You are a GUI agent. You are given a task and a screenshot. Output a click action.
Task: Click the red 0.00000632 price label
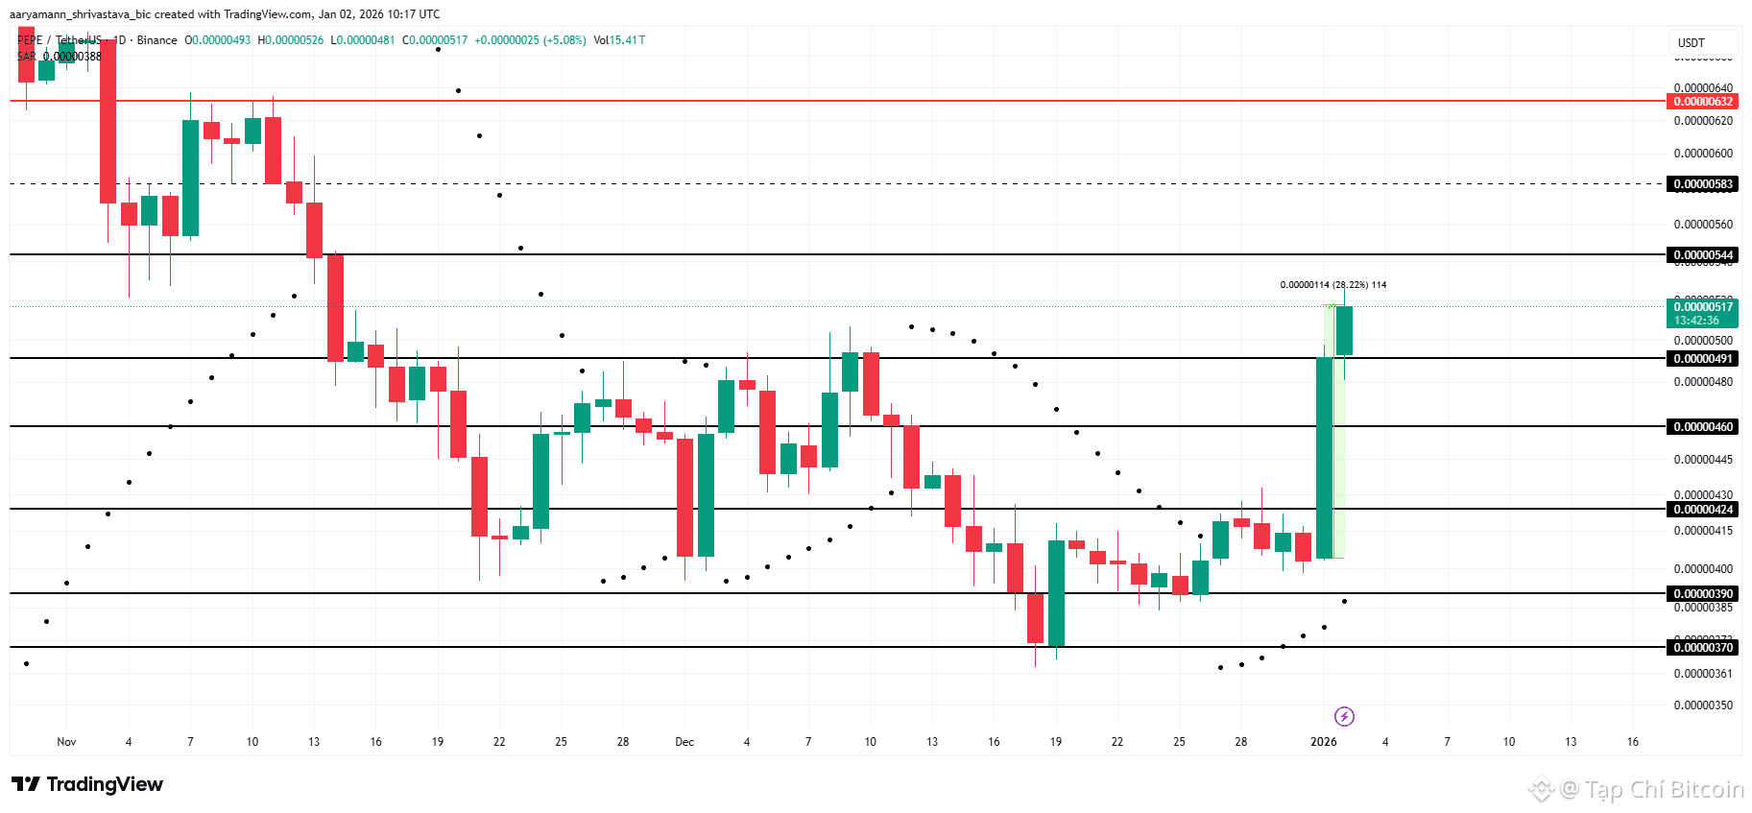click(1703, 102)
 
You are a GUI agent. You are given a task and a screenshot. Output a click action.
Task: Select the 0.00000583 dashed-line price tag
click(1703, 184)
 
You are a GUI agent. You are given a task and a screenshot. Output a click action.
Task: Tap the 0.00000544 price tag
click(1703, 255)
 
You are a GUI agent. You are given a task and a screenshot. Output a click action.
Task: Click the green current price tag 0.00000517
click(1703, 307)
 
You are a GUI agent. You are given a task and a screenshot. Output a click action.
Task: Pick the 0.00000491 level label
click(1703, 359)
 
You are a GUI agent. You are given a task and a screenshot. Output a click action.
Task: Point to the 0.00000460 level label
click(1703, 427)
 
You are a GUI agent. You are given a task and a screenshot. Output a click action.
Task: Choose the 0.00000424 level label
click(1703, 510)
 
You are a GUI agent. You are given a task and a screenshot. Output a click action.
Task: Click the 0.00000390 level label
click(1703, 594)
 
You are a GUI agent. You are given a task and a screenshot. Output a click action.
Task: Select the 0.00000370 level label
click(1703, 648)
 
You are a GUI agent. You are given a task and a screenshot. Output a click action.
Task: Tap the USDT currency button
click(1692, 43)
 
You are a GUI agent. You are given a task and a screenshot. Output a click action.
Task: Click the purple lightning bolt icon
click(1344, 716)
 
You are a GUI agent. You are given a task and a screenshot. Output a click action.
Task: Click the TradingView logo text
click(88, 784)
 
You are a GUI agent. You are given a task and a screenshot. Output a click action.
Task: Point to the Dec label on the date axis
click(684, 742)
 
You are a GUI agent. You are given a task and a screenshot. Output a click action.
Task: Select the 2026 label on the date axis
click(1324, 742)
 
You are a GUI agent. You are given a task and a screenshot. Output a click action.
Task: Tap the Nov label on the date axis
click(66, 742)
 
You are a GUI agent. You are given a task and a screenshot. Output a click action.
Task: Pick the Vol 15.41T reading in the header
click(619, 40)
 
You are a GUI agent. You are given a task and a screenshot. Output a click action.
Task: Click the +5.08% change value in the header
click(564, 40)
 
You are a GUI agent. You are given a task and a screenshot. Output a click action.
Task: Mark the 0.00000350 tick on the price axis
click(1703, 705)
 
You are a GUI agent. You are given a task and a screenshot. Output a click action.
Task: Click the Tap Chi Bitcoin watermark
click(1651, 789)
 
